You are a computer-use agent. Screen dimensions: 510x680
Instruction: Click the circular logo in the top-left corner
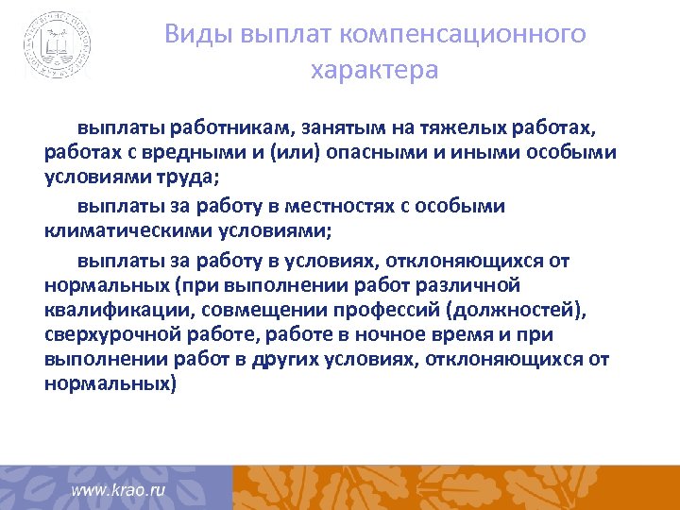pos(59,43)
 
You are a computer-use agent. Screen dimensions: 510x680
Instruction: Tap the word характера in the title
pos(374,71)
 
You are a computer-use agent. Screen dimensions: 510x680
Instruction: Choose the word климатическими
pos(127,231)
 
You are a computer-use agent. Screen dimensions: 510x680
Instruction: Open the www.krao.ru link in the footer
pos(119,490)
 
